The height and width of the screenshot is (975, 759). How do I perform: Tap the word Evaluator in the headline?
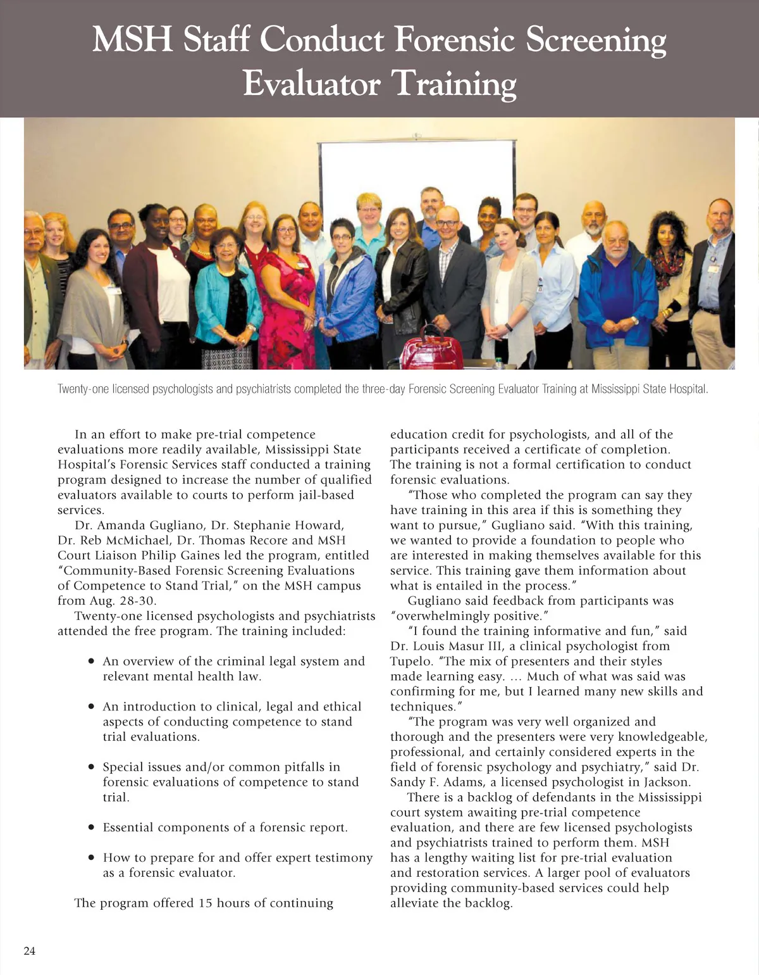click(x=311, y=83)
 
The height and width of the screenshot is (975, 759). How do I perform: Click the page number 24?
click(x=30, y=951)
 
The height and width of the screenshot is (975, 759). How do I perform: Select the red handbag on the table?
click(x=432, y=350)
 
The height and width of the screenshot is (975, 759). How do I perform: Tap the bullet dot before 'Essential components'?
click(x=91, y=827)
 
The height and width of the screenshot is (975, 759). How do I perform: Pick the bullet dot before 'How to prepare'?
click(x=91, y=858)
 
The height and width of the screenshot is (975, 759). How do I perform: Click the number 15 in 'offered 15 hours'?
click(x=205, y=903)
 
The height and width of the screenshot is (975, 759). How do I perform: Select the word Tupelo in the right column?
click(x=410, y=662)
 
